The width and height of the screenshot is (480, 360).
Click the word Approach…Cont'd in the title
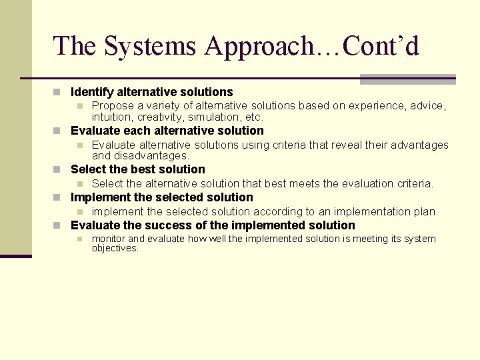pos(312,46)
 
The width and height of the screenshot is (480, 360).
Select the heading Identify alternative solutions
pos(151,92)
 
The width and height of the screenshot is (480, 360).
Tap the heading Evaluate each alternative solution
pos(167,131)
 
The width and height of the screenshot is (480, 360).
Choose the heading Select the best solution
pos(137,169)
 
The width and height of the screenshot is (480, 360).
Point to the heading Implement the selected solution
pos(161,197)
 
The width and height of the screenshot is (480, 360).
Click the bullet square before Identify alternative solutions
pos(58,92)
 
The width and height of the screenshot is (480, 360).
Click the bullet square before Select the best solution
pos(58,169)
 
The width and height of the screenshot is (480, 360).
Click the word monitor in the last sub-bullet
pos(108,239)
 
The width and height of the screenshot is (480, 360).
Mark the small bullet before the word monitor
pos(79,239)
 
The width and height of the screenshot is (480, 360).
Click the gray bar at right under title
pos(407,79)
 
